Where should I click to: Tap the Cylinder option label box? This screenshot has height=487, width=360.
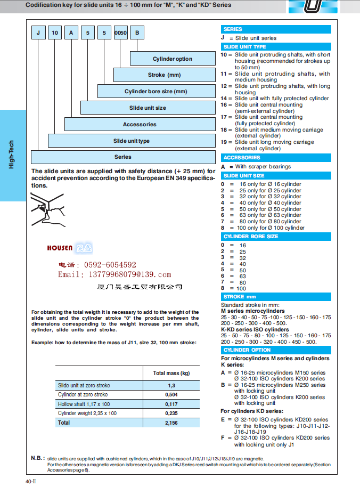(x=173, y=59)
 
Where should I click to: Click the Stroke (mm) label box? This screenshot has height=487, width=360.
(x=164, y=75)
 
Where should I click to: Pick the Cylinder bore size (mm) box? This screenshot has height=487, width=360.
(x=156, y=92)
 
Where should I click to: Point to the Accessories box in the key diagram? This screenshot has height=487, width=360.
(x=140, y=124)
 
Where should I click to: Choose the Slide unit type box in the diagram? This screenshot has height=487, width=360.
(x=131, y=141)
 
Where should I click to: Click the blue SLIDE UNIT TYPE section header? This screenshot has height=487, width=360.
(x=276, y=47)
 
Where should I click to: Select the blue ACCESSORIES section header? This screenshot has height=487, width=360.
(x=276, y=158)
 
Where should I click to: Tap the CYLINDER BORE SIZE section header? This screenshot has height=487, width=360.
(x=276, y=237)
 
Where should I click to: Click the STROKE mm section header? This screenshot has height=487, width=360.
(x=276, y=297)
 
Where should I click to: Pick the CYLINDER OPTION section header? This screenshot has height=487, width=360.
(x=276, y=350)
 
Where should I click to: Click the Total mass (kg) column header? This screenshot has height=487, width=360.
(x=171, y=374)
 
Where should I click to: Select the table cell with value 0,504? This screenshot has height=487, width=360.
(x=171, y=395)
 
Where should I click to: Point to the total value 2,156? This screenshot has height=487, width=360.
(x=171, y=423)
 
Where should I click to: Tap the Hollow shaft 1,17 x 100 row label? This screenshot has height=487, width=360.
(x=84, y=404)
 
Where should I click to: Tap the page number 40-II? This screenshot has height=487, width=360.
(x=30, y=481)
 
